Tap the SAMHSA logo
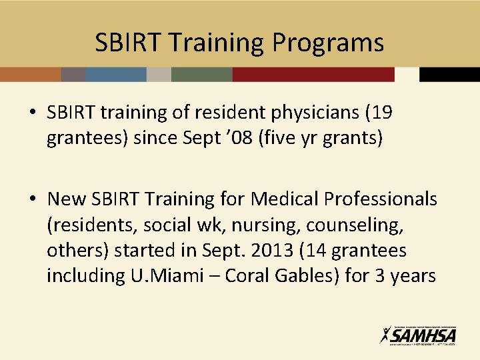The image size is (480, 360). tap(418, 335)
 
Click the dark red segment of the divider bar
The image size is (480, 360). tap(313, 74)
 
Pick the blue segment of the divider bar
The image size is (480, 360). tap(116, 74)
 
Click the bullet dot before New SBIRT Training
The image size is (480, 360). tap(33, 199)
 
